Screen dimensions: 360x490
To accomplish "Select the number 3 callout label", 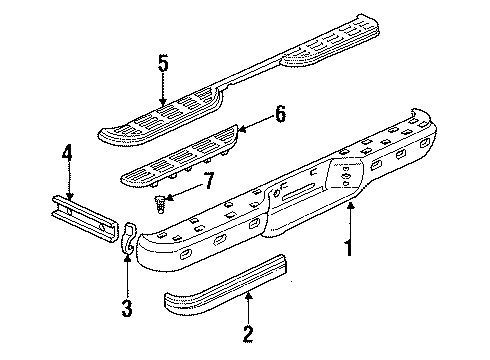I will [127, 310].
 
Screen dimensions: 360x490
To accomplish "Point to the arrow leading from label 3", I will [127, 275].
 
